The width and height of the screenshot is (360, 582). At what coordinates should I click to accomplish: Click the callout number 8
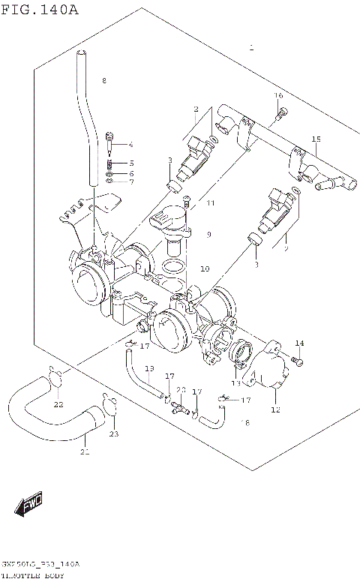coord(104,81)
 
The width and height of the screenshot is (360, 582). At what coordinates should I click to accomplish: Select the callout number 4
coord(130,145)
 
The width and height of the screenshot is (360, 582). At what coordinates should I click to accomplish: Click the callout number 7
coord(130,181)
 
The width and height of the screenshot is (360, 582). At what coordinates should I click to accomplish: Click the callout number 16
coord(278,95)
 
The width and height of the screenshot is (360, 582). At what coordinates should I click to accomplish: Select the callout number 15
coord(316,139)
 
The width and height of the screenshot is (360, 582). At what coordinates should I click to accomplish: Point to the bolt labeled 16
coord(282,113)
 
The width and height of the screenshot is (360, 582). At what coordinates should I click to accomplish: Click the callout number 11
coord(211,203)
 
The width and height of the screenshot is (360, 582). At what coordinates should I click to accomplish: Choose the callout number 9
coord(208,235)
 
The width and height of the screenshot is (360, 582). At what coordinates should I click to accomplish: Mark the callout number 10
coord(205,268)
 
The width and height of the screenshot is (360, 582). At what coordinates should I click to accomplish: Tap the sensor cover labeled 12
coord(267,370)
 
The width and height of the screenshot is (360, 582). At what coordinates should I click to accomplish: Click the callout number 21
coord(84,451)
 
